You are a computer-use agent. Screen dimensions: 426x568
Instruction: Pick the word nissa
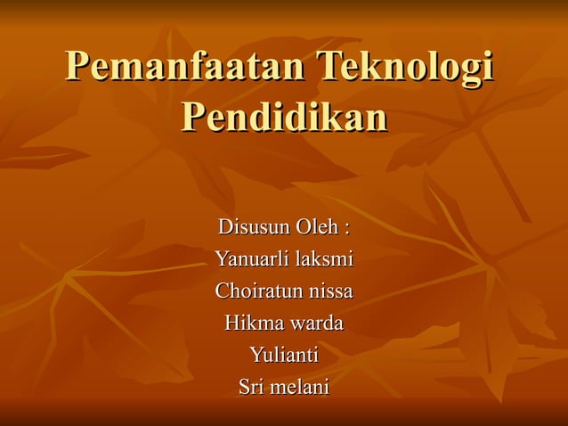coord(330,291)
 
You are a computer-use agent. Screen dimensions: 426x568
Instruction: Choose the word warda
coord(314,323)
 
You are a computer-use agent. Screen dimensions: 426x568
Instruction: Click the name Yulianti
coord(284,355)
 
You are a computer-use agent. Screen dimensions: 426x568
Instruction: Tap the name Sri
coord(252,387)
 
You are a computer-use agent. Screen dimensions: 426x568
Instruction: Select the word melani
coord(300,387)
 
